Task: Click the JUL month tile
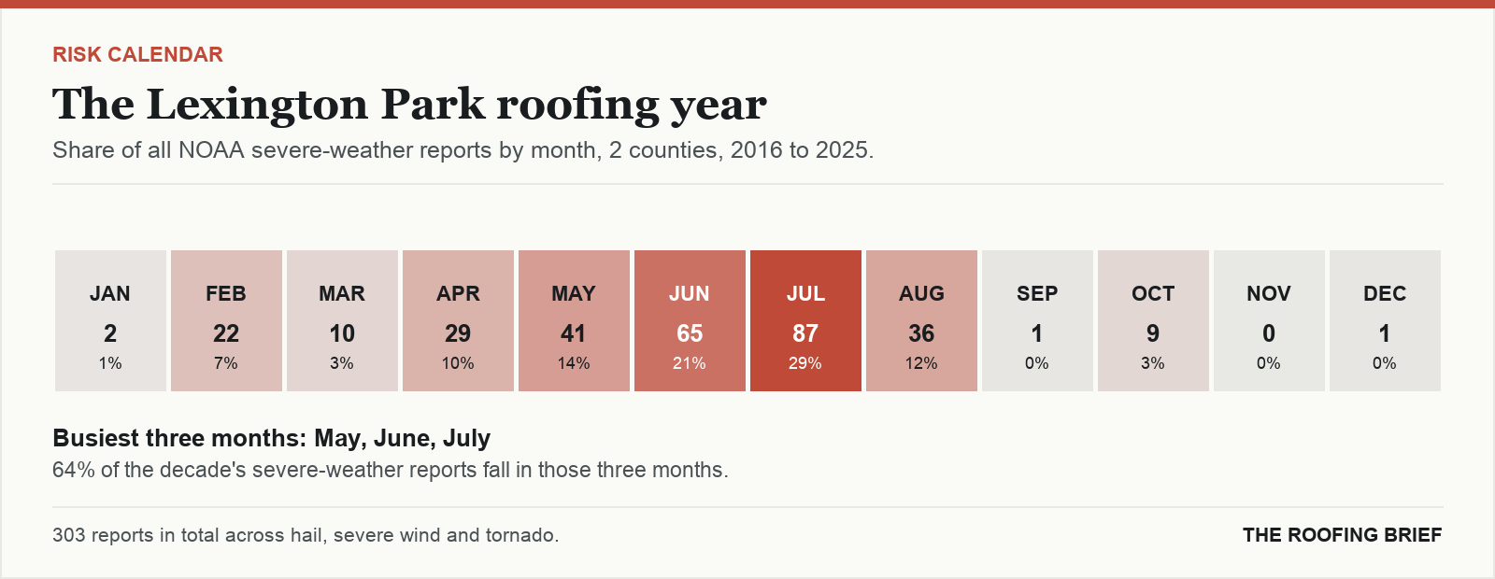(805, 321)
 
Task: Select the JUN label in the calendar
(690, 294)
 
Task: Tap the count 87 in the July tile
(805, 333)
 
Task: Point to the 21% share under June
(690, 363)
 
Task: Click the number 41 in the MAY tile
(574, 333)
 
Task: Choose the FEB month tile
(226, 321)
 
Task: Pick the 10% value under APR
(458, 363)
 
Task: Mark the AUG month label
(921, 294)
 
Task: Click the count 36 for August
(921, 333)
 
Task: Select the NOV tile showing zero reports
(1270, 321)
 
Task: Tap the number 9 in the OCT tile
(1153, 333)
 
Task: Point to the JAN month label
(110, 294)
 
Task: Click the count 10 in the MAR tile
(342, 333)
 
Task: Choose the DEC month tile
(1385, 321)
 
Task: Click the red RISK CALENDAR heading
(137, 55)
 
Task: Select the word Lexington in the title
(257, 106)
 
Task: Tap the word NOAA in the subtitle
(211, 150)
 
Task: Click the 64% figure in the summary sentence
(74, 471)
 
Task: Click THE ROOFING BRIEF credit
(1342, 535)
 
